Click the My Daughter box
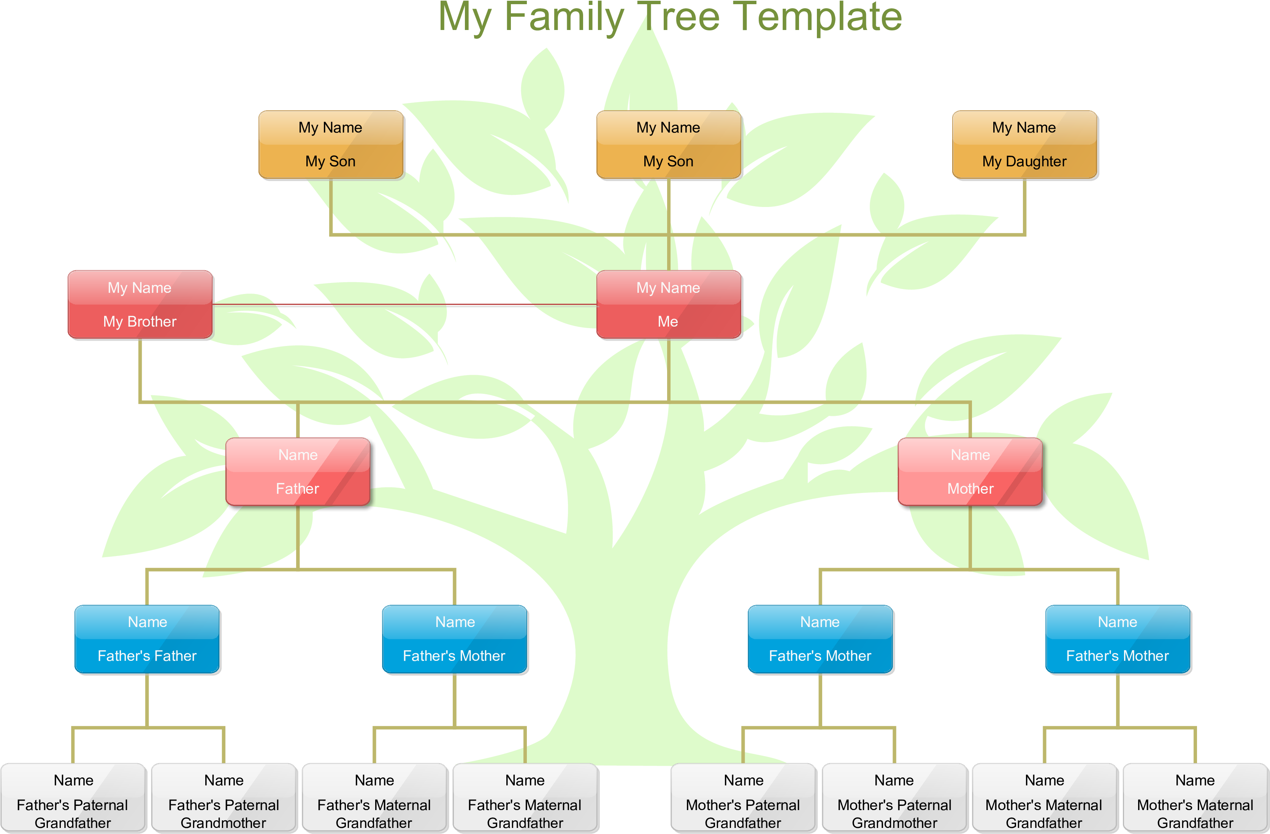click(1024, 145)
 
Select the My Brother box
click(140, 305)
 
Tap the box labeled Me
click(669, 305)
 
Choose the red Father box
click(298, 472)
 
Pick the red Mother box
click(970, 472)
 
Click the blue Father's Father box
click(147, 640)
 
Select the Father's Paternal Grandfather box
click(73, 798)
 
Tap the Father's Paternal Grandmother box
click(224, 798)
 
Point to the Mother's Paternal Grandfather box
click(743, 798)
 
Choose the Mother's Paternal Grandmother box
click(894, 798)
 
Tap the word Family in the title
click(564, 17)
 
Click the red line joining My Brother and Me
click(406, 305)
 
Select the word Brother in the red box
click(152, 322)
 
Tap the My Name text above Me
click(668, 288)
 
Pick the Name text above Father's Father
click(147, 622)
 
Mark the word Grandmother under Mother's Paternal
click(894, 823)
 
